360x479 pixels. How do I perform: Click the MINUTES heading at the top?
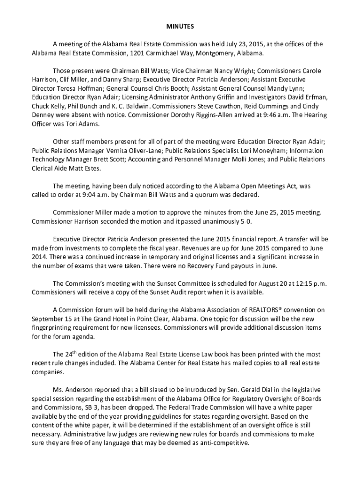(x=180, y=27)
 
